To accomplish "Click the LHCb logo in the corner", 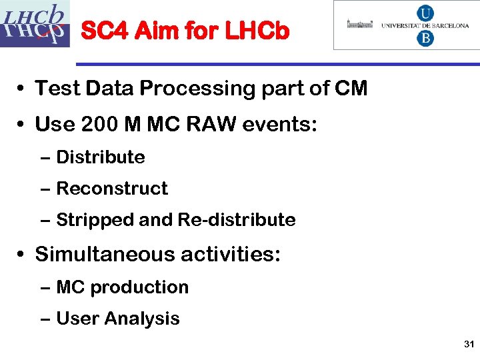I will pyautogui.click(x=35, y=24).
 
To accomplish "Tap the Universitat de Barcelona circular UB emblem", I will pyautogui.click(x=425, y=25).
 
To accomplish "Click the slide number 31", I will pyautogui.click(x=467, y=345).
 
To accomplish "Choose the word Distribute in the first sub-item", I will pyautogui.click(x=101, y=157).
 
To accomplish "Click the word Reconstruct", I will pyautogui.click(x=112, y=189).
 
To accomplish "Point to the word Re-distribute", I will pyautogui.click(x=237, y=220).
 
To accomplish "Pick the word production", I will pyautogui.click(x=139, y=287).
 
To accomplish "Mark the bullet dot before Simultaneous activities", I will pyautogui.click(x=22, y=255).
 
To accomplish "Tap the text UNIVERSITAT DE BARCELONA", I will pyautogui.click(x=425, y=25).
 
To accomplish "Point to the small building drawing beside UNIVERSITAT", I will pyautogui.click(x=360, y=25).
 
